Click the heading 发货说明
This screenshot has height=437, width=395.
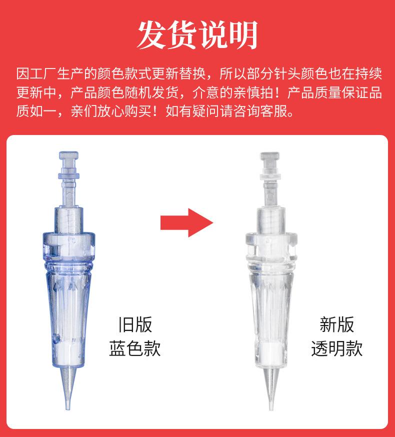[x=197, y=35]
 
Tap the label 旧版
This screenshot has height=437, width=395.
[x=134, y=324]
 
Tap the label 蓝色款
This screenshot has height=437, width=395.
[x=134, y=348]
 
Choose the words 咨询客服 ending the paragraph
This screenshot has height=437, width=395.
[x=268, y=110]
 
